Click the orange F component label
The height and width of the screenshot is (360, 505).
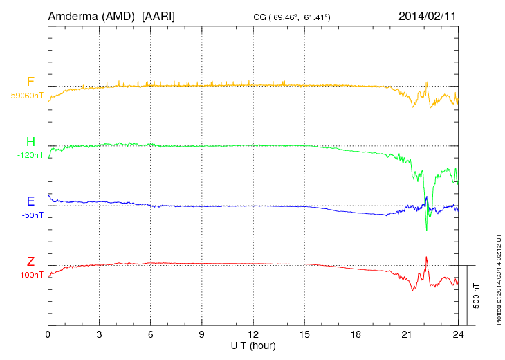coord(30,82)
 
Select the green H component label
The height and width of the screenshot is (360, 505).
coord(30,142)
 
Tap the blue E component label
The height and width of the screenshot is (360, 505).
coord(30,201)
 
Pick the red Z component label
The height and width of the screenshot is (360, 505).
coord(30,261)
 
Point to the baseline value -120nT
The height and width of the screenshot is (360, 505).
coord(30,155)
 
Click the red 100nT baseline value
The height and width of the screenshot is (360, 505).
coord(32,275)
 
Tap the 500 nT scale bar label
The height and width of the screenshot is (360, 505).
coord(477,296)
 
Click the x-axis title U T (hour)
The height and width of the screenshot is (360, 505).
coord(253,345)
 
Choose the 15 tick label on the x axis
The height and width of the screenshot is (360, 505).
coord(304,334)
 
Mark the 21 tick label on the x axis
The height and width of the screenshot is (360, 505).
coord(407,334)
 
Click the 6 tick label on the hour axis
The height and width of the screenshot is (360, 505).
coord(151,334)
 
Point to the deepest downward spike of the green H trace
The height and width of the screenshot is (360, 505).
coord(426,229)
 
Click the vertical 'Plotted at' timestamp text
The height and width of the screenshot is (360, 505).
coord(498,277)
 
